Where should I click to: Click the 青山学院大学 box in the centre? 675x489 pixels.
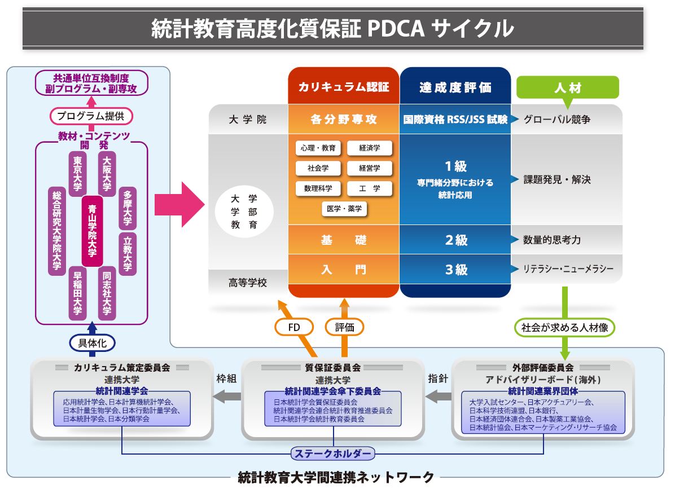[x=92, y=231]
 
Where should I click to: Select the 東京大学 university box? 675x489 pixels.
[x=77, y=174]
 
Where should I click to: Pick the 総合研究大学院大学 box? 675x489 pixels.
[x=56, y=231]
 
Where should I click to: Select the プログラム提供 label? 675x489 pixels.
[x=91, y=116]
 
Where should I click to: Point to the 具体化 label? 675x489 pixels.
[x=92, y=342]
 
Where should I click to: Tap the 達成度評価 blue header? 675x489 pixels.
[x=455, y=87]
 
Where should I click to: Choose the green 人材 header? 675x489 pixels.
[x=568, y=88]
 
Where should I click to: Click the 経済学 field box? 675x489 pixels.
[x=369, y=148]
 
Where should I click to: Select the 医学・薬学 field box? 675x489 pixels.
[x=344, y=209]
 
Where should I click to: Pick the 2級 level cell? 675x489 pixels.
[x=455, y=240]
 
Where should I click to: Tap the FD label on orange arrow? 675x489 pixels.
[x=293, y=327]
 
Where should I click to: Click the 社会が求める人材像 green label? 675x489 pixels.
[x=564, y=327]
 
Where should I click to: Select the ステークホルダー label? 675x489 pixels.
[x=333, y=453]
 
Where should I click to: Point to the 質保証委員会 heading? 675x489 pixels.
[x=333, y=368]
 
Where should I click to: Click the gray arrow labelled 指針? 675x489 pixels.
[x=438, y=397]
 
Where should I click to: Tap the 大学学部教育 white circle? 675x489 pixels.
[x=244, y=212]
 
